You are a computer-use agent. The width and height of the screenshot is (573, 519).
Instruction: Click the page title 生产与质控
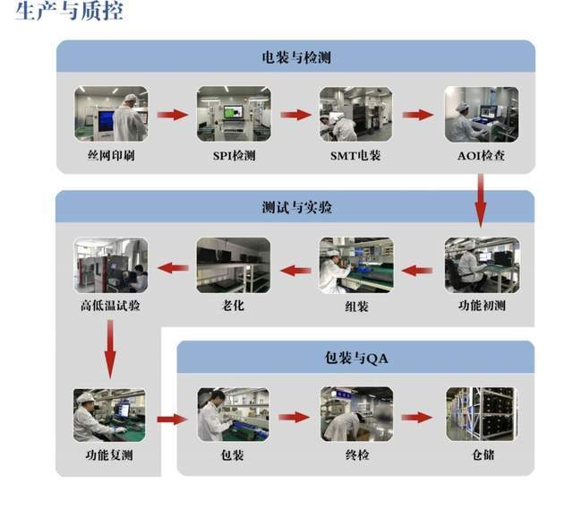point(70,13)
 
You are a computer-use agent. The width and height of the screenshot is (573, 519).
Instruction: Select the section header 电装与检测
point(295,57)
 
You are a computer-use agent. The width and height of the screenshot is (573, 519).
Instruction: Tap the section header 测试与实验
point(295,207)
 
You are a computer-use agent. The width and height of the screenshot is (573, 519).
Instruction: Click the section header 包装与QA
point(356,359)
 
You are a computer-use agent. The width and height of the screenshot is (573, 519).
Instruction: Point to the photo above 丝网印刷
point(111,114)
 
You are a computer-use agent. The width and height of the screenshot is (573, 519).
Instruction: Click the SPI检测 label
point(234,155)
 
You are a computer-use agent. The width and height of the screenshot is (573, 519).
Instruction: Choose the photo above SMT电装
point(355,114)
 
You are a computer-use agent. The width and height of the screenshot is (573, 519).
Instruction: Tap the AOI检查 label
point(481,155)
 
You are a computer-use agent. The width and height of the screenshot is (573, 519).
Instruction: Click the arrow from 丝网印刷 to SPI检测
point(173,115)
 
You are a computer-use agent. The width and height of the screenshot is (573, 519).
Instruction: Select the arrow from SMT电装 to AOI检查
point(417,115)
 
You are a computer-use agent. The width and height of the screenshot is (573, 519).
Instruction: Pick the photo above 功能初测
point(482,265)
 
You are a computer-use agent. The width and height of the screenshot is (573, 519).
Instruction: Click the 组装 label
point(356,307)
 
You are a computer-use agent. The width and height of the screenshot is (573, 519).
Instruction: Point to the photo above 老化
point(234,265)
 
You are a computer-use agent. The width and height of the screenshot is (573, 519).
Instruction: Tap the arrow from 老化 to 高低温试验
point(173,267)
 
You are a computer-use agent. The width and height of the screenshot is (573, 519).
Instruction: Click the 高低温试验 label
point(110,307)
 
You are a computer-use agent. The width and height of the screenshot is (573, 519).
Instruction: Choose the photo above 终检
point(356,415)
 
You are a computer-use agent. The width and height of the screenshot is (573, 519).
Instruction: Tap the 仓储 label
point(482,455)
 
